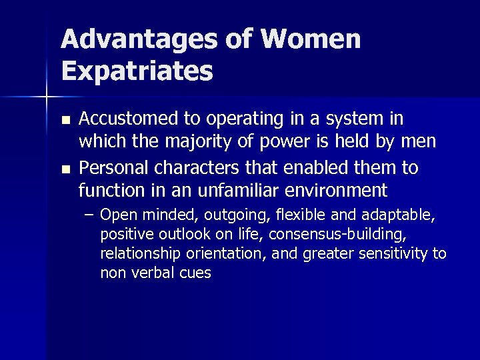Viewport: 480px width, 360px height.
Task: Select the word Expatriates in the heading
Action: pyautogui.click(x=137, y=71)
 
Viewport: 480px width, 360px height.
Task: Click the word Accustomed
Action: pyautogui.click(x=127, y=119)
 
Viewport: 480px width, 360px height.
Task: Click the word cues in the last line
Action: pyautogui.click(x=196, y=273)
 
